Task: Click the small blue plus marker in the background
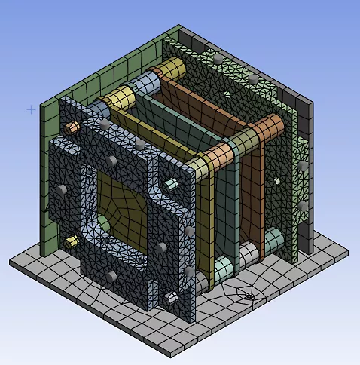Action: tap(31, 109)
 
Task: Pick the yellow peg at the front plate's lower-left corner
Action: tap(72, 241)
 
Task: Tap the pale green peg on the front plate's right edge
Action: tap(172, 183)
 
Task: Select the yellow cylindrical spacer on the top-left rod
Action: tap(118, 97)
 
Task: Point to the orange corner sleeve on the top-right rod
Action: tap(219, 156)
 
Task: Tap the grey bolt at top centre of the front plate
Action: tap(111, 161)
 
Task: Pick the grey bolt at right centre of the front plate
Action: tap(160, 249)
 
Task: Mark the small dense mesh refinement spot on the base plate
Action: tap(249, 295)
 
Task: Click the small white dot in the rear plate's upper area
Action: tap(225, 94)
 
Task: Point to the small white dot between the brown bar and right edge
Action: tap(278, 180)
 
